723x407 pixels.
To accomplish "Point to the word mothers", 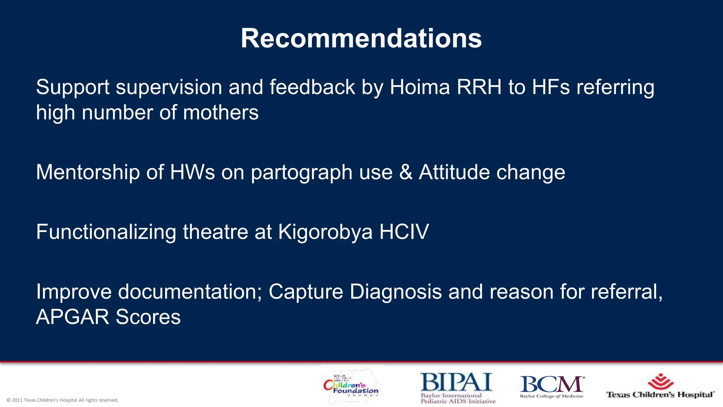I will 221,113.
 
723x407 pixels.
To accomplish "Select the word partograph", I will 302,173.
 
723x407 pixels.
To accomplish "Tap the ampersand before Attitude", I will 406,172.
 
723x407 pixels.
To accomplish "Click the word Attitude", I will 454,172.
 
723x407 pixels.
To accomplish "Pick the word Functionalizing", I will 106,232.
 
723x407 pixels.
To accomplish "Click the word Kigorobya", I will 325,232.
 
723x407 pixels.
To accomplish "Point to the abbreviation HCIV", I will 404,232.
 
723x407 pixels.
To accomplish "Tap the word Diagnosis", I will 396,292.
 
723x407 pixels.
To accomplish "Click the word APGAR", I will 73,317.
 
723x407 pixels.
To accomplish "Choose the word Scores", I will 148,317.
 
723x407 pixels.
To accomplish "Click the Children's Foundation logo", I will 351,387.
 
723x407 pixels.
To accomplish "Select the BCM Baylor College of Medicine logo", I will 552,387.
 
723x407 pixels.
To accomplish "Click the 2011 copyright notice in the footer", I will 62,400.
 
